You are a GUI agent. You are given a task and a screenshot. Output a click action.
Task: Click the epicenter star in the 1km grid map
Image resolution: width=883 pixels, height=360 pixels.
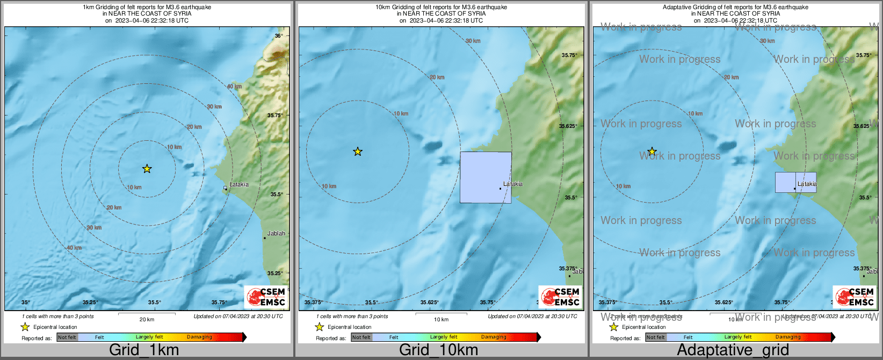[x=147, y=169]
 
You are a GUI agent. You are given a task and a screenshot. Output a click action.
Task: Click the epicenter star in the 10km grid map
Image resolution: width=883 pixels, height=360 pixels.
[x=358, y=152]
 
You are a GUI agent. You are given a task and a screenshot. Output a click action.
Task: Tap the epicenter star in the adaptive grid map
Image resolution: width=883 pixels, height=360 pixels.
[x=652, y=152]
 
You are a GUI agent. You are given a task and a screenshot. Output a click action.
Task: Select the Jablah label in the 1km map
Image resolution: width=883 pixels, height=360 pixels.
[x=276, y=234]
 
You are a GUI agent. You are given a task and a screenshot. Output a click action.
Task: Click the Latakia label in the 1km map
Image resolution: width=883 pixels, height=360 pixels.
[x=238, y=184]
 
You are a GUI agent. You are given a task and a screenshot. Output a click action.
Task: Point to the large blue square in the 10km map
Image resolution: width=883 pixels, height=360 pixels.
[x=486, y=177]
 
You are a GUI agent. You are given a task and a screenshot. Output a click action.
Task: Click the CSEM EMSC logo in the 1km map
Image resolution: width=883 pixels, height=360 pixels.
[x=265, y=297]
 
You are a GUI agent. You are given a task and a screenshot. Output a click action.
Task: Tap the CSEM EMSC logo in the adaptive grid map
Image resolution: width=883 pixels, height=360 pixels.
[x=854, y=297]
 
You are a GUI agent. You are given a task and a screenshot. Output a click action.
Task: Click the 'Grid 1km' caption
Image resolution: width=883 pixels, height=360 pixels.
[x=144, y=350]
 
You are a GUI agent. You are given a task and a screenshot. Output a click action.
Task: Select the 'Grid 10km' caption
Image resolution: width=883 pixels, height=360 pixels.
[x=438, y=350]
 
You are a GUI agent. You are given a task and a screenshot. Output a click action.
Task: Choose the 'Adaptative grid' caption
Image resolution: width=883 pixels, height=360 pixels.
[x=733, y=350]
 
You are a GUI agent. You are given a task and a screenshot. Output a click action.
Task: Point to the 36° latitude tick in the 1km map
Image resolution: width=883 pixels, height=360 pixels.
[x=279, y=36]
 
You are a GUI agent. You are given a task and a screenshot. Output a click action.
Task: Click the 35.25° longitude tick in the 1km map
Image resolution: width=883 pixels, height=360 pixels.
[x=90, y=303]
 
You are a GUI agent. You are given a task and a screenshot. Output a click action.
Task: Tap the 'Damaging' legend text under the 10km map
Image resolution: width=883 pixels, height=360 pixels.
[x=494, y=337]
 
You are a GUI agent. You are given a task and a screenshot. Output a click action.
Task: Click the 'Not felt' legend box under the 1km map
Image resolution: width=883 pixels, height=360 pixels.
[x=67, y=337]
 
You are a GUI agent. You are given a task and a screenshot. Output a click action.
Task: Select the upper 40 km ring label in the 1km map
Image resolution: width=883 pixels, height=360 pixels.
[x=234, y=87]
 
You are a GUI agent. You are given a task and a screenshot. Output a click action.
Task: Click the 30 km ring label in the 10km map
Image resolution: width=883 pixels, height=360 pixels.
[x=473, y=41]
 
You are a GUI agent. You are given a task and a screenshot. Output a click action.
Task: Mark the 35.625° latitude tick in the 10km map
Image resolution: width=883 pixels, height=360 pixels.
[x=568, y=126]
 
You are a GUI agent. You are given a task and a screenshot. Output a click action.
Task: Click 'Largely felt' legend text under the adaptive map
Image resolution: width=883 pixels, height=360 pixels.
[x=738, y=337]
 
